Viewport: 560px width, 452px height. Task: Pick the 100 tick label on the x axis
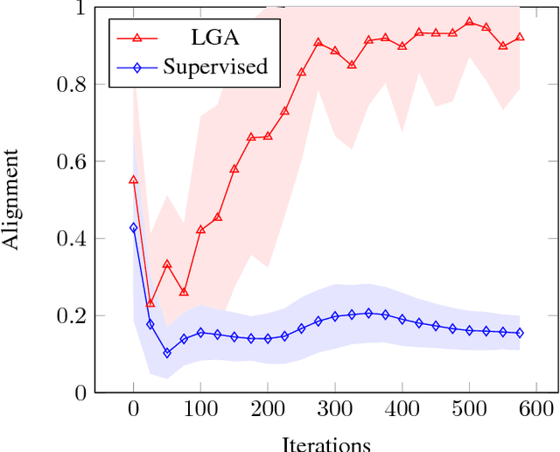200,409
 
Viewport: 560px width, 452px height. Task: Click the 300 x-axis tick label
335,409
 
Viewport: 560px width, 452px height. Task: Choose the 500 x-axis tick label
469,409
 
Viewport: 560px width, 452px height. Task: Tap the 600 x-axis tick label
536,409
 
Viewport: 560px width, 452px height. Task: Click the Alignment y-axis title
12,199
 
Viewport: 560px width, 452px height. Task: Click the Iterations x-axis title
326,442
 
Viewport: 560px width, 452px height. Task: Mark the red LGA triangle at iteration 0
133,180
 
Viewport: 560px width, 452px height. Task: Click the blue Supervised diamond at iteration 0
133,228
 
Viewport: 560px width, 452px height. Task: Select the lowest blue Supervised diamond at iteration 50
167,353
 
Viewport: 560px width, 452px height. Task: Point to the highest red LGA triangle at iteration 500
469,22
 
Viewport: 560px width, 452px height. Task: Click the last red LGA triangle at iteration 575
520,37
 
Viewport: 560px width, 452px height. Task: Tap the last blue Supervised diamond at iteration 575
520,333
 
